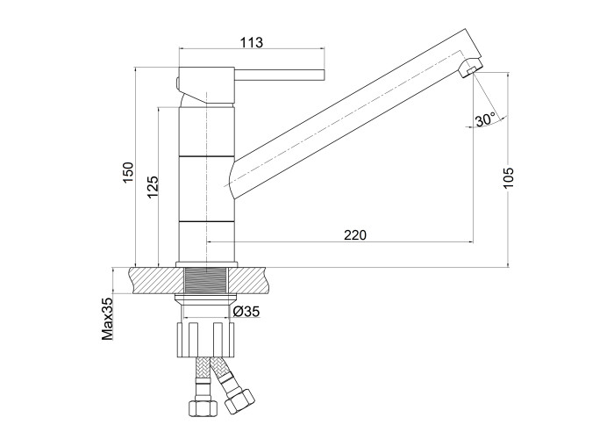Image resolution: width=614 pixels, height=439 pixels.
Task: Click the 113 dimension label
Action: point(252,42)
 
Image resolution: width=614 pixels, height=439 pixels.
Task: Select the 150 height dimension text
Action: point(128,172)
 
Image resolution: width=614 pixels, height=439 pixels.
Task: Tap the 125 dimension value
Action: point(152,186)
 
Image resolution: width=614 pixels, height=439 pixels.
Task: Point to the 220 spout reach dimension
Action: point(355,234)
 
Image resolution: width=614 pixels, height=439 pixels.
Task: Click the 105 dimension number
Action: point(508,177)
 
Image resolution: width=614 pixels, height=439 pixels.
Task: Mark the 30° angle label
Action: point(485,119)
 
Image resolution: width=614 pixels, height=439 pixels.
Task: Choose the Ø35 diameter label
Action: point(246,312)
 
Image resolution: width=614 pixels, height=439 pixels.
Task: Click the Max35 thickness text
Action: point(107,318)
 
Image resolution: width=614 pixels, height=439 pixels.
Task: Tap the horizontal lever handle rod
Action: point(280,76)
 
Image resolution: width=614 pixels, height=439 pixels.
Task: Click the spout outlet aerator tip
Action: point(469,70)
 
